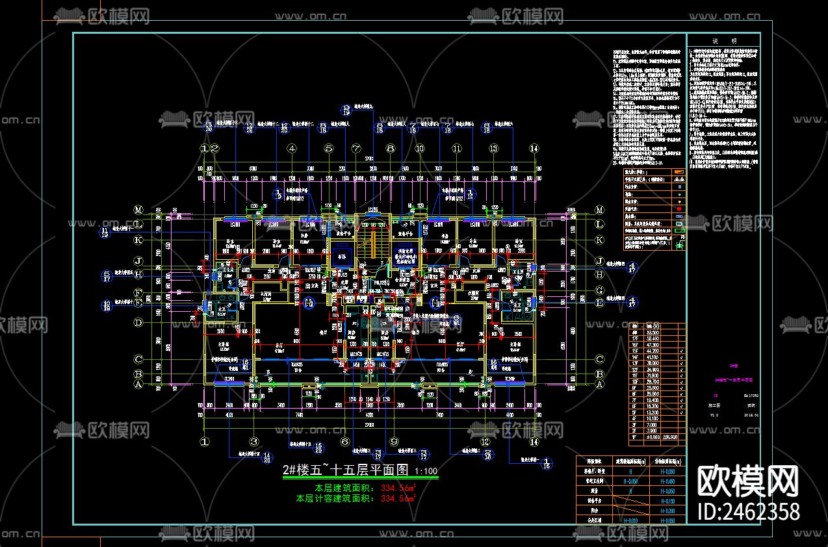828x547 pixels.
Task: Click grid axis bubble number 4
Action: tap(292, 149)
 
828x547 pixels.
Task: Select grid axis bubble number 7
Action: tap(356, 149)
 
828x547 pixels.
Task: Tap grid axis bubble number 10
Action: tap(419, 149)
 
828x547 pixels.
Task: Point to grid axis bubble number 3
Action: tap(255, 442)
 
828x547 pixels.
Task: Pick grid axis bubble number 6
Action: tap(345, 442)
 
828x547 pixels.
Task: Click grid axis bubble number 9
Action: tap(394, 442)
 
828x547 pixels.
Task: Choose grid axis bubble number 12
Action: tap(484, 442)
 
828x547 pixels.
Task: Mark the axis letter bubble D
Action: tap(138, 323)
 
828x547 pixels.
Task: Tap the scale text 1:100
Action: tap(426, 472)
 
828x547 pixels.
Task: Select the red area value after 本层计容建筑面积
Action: tap(398, 499)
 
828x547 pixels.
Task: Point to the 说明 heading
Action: tap(723, 40)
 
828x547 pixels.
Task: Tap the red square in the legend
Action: tap(680, 209)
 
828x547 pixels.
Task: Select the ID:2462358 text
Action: tap(748, 512)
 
